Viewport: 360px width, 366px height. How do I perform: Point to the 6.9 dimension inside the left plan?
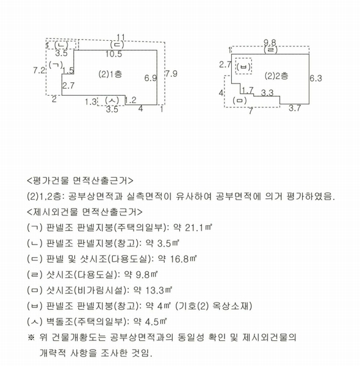click(x=151, y=79)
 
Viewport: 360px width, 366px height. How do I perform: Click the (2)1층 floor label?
click(x=110, y=74)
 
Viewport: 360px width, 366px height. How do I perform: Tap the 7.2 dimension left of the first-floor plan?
click(x=39, y=71)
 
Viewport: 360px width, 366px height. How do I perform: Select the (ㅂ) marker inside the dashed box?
click(x=244, y=65)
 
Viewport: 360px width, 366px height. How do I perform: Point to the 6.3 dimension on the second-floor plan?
click(x=315, y=78)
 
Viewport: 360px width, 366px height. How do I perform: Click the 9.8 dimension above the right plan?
click(x=270, y=42)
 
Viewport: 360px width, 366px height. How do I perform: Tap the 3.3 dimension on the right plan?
click(x=267, y=93)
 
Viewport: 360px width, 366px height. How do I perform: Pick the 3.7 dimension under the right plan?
click(x=295, y=109)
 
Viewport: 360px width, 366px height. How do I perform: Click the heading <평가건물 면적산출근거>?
click(x=80, y=181)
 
